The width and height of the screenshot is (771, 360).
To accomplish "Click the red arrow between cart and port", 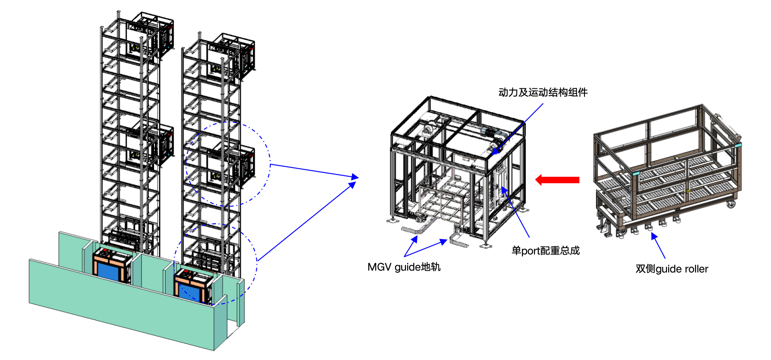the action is click(x=557, y=180).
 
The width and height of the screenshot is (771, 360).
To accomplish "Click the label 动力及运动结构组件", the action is click(x=543, y=92).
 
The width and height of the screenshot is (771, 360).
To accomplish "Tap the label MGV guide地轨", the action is click(x=404, y=267).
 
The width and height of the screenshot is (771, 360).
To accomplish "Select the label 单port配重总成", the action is click(x=546, y=250).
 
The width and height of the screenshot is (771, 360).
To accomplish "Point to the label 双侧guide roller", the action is click(x=672, y=269).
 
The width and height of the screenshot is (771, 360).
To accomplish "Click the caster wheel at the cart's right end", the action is click(x=730, y=204).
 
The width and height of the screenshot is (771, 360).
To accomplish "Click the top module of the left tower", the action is click(x=151, y=34).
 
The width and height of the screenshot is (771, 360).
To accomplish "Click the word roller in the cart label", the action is click(x=695, y=269).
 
